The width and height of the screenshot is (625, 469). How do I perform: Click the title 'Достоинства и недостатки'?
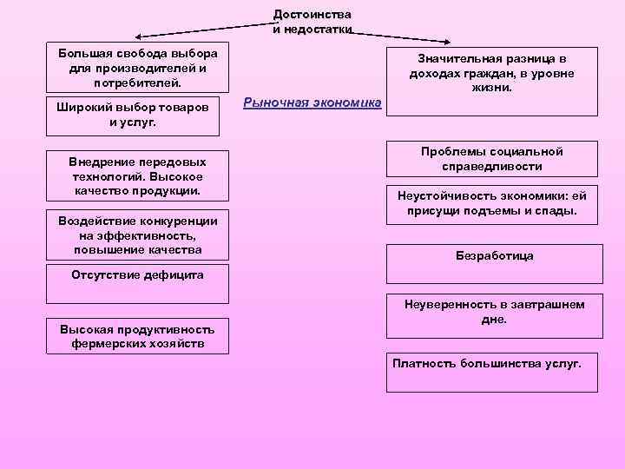pyautogui.click(x=312, y=22)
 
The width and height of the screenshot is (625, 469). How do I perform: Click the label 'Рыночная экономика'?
pyautogui.click(x=312, y=102)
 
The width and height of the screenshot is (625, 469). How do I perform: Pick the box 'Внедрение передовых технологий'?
pyautogui.click(x=137, y=175)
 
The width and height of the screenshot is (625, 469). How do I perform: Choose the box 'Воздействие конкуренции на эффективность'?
pyautogui.click(x=137, y=234)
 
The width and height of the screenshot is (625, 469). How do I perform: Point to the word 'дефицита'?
pyautogui.click(x=169, y=275)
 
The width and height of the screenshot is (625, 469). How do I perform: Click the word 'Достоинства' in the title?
pyautogui.click(x=312, y=15)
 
